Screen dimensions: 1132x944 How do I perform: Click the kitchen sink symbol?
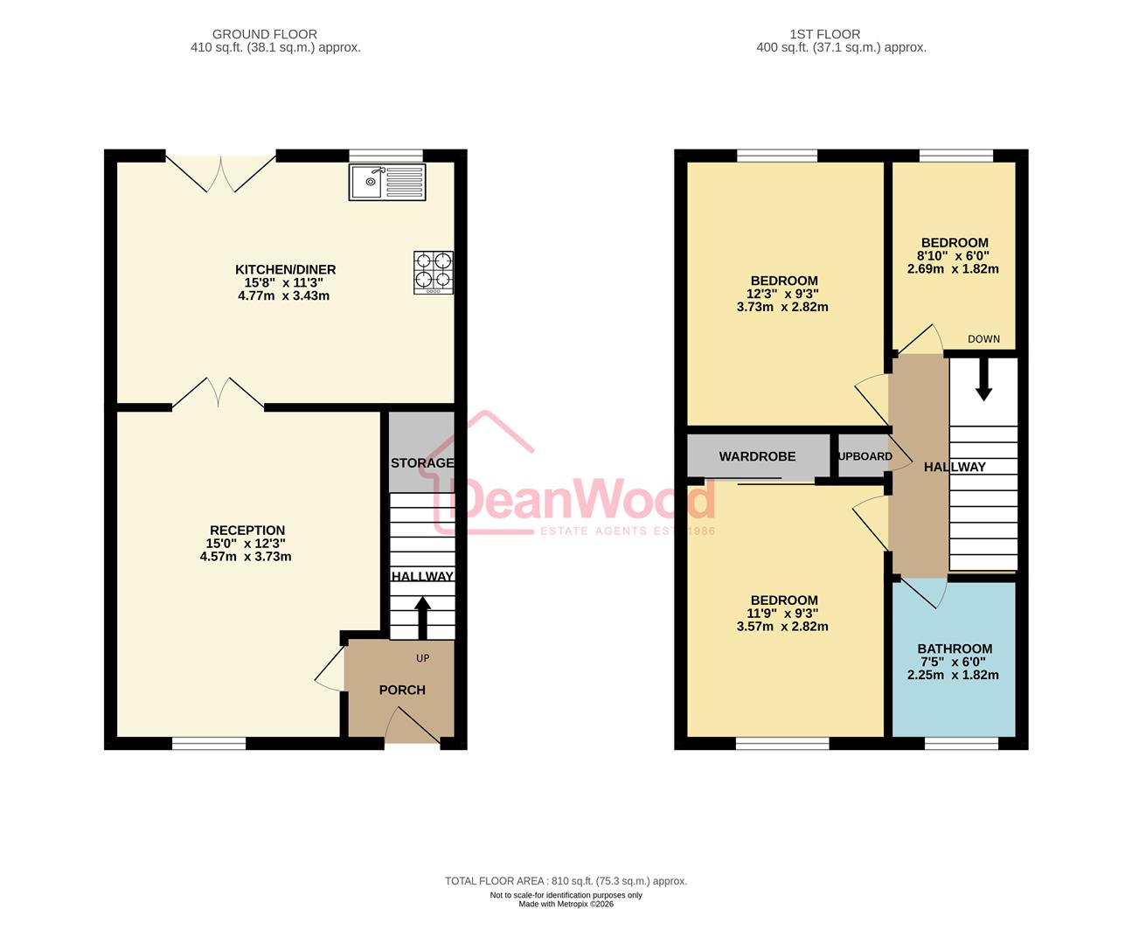point(387,182)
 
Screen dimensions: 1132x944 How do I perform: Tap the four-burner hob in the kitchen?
point(434,272)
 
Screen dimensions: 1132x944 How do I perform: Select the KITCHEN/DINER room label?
point(285,269)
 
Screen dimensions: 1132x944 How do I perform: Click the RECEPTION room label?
point(247,531)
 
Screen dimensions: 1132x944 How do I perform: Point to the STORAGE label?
point(422,463)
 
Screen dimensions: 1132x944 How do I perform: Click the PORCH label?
point(402,691)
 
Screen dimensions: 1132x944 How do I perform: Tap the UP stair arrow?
point(422,618)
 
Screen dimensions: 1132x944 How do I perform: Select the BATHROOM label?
point(955,649)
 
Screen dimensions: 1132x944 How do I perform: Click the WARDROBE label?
point(757,456)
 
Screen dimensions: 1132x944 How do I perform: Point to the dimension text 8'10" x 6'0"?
point(953,256)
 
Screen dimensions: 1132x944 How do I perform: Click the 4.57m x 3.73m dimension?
point(246,557)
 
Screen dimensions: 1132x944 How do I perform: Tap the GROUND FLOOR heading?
point(265,34)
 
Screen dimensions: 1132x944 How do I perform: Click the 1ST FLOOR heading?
point(824,34)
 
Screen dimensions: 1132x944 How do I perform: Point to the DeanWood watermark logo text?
point(581,499)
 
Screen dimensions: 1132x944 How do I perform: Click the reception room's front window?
point(209,743)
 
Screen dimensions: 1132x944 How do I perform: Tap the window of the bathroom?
point(962,743)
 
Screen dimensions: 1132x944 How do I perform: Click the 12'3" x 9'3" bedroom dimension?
point(782,294)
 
